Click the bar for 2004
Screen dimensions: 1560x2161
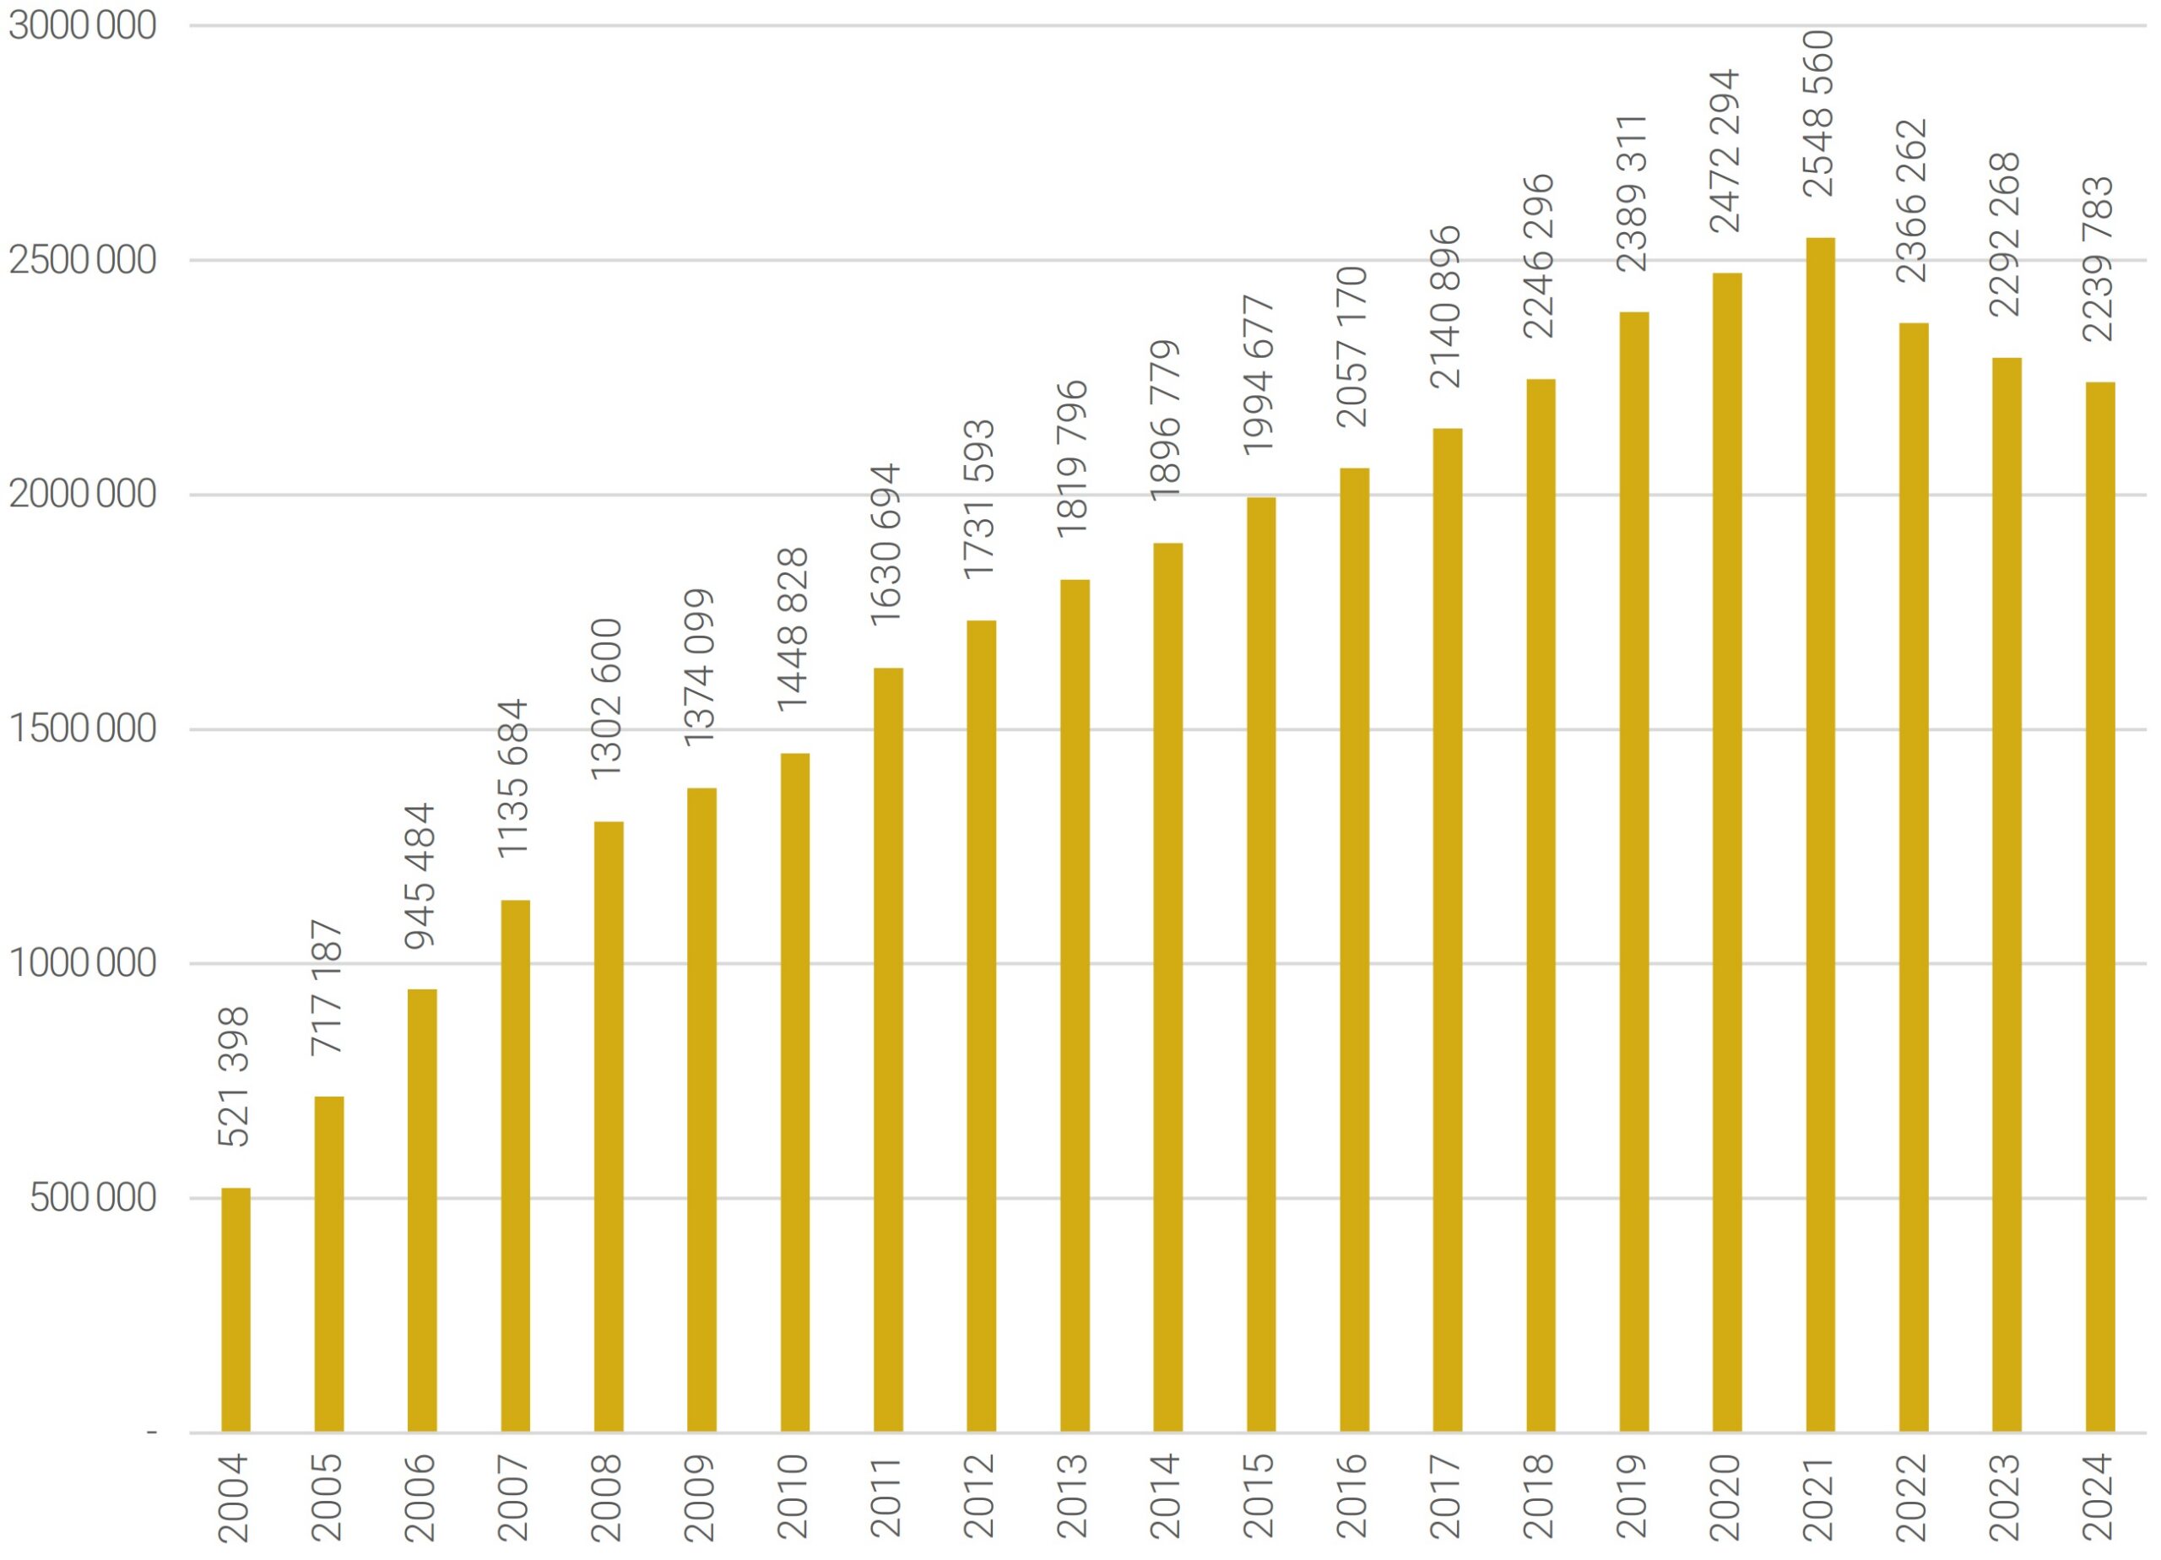[236, 1310]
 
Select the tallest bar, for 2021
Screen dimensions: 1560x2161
[1820, 835]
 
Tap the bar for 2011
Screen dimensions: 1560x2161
[888, 1050]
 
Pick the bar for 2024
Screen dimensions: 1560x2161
[2100, 907]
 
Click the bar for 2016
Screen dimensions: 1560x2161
[1354, 951]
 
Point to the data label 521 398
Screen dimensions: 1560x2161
[235, 1077]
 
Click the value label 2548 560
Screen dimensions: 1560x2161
[1819, 113]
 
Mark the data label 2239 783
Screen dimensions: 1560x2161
[2099, 259]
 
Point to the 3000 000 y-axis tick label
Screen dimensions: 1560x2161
[83, 25]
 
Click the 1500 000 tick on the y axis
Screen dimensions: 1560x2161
[83, 729]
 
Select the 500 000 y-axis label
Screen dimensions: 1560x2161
[94, 1198]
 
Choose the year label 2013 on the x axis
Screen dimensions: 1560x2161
[1074, 1497]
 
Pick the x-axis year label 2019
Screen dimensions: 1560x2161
[1633, 1497]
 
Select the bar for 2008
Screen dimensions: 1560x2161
[609, 1126]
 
